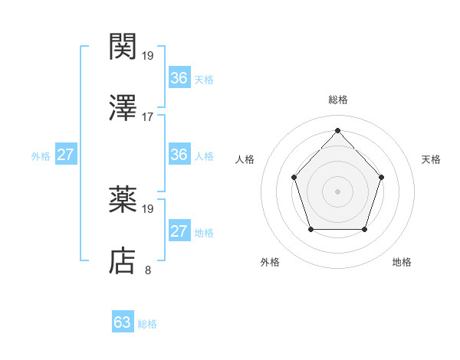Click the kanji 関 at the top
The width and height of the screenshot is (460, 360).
(x=123, y=47)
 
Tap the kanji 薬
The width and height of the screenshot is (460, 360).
(x=123, y=201)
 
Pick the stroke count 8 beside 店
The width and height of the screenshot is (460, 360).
(x=148, y=270)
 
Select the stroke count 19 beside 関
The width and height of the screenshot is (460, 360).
(x=148, y=55)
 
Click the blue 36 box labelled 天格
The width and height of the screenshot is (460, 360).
(x=179, y=77)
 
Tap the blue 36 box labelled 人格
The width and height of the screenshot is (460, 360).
(x=179, y=155)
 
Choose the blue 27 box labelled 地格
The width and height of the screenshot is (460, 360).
(x=179, y=231)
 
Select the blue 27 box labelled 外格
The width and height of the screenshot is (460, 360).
(x=65, y=155)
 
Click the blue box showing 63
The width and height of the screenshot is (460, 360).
(x=123, y=322)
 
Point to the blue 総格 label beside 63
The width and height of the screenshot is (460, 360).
(x=148, y=324)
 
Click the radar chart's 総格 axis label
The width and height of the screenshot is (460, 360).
(x=337, y=100)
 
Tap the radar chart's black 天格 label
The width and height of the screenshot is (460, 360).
(x=432, y=159)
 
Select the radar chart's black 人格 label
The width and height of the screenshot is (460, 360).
(x=245, y=159)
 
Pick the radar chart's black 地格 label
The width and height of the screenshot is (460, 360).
(x=402, y=262)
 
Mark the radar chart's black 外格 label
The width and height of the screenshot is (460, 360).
(x=270, y=262)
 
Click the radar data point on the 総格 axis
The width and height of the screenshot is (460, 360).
(x=337, y=130)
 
